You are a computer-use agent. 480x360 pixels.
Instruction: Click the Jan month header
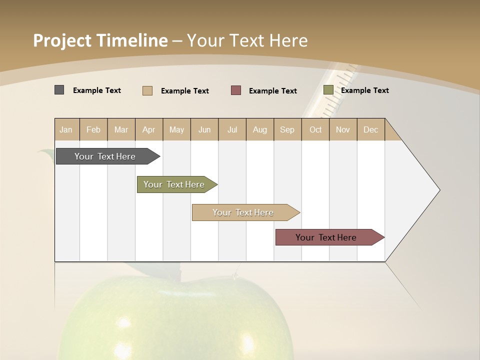(66, 129)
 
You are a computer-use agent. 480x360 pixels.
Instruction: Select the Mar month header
(121, 129)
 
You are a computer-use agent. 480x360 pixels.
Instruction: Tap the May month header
(176, 129)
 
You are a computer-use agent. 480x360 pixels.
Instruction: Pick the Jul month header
(232, 129)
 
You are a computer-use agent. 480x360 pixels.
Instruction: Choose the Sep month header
(287, 129)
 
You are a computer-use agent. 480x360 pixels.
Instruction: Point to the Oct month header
(315, 129)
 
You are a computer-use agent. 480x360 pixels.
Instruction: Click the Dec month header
(370, 129)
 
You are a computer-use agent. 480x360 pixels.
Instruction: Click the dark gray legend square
(59, 90)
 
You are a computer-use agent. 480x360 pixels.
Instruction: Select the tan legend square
(147, 90)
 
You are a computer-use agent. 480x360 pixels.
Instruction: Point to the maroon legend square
(236, 90)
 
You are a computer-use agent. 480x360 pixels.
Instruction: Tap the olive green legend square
(328, 90)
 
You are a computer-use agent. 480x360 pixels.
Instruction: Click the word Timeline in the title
(131, 40)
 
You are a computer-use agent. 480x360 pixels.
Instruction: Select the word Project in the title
(62, 40)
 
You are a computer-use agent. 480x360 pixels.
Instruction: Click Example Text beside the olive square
(364, 90)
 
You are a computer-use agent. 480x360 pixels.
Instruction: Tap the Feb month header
(93, 129)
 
